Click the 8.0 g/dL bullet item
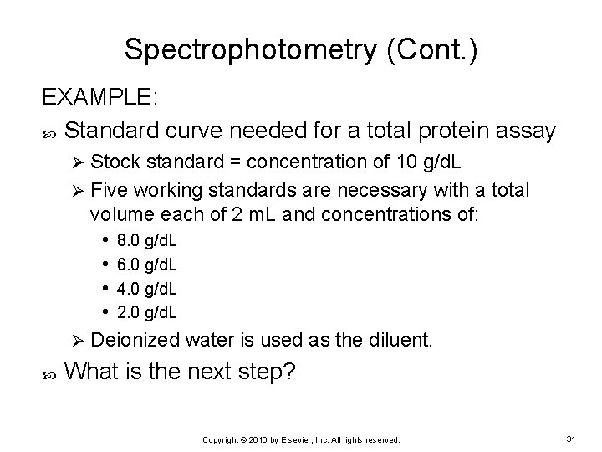pos(146,241)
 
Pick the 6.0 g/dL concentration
pos(146,265)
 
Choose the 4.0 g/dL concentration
pos(146,289)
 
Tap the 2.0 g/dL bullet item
pos(146,312)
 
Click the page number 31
pos(571,438)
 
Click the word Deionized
pos(135,342)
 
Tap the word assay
pos(527,131)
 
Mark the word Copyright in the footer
pos(222,439)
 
